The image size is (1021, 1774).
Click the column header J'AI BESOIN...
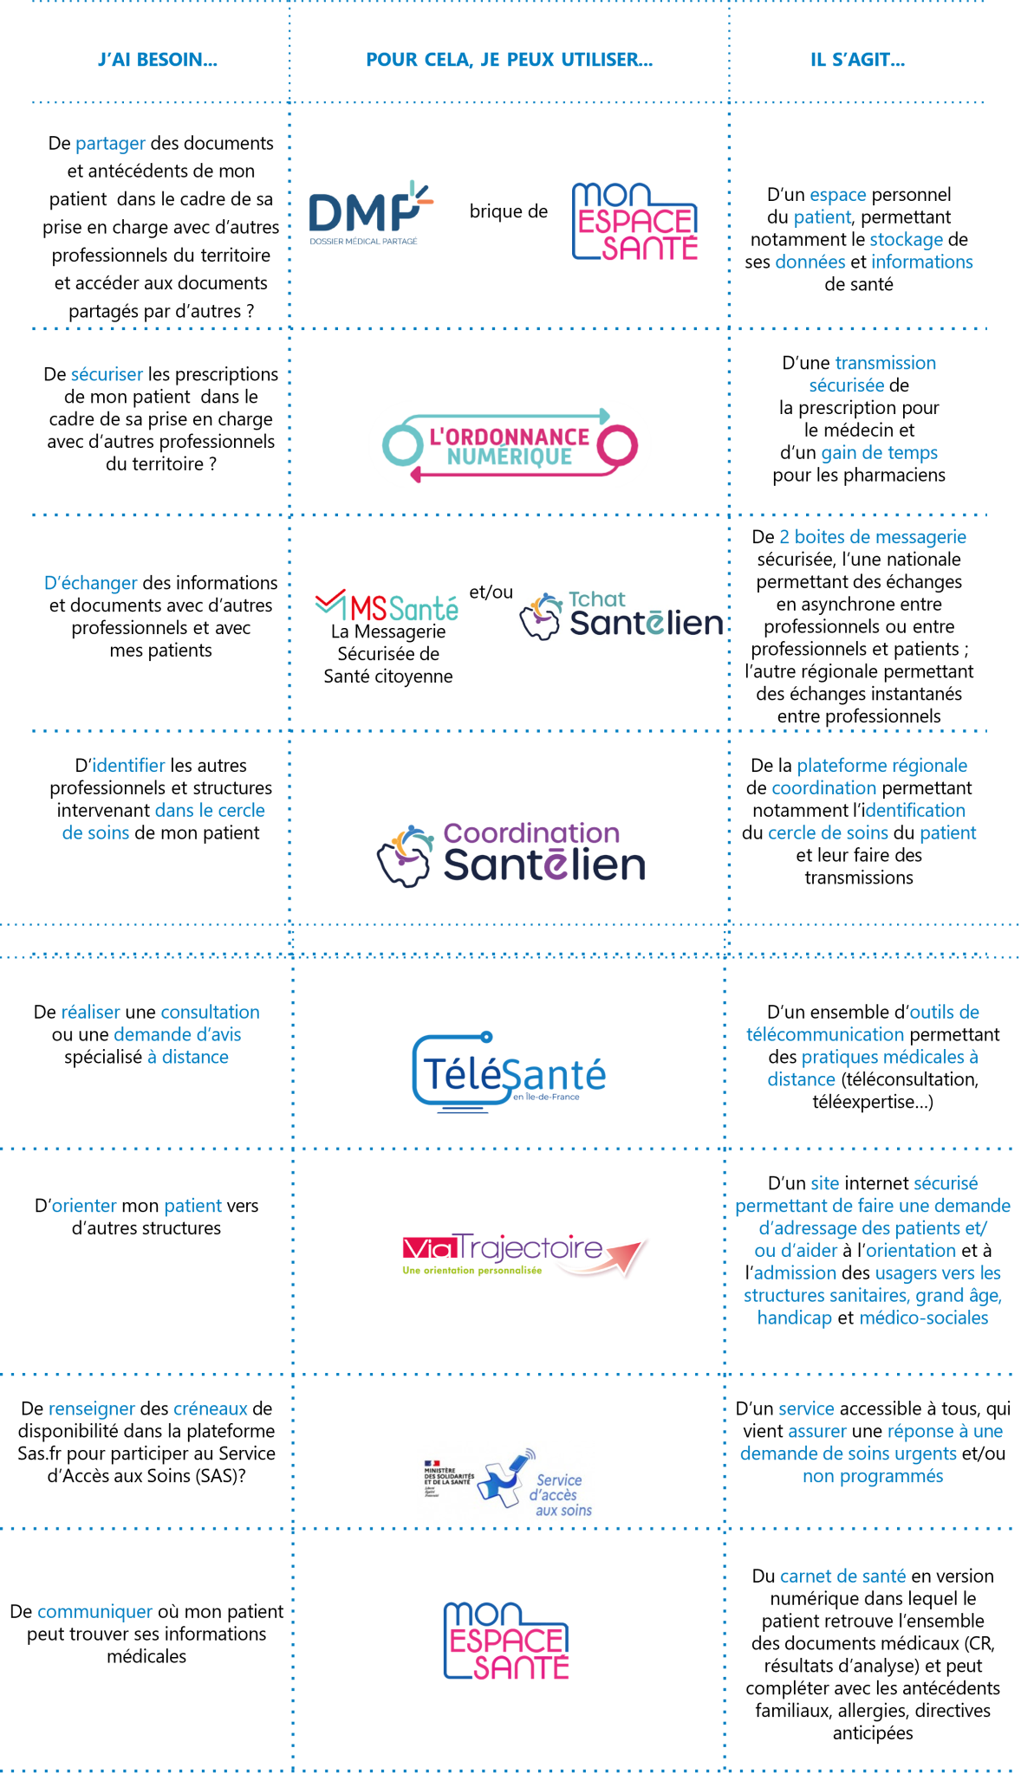click(158, 60)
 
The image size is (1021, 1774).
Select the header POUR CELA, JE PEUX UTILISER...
click(509, 60)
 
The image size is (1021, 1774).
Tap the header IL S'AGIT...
click(857, 60)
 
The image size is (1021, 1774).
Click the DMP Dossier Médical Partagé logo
click(370, 214)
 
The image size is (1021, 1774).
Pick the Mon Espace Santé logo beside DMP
click(634, 221)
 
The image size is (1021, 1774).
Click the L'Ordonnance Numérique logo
click(510, 444)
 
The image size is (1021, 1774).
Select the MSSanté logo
click(387, 606)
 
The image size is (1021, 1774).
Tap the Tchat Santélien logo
click(621, 616)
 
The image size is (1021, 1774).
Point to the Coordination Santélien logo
click(512, 854)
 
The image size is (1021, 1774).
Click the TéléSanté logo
click(509, 1072)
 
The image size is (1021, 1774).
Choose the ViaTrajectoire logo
click(525, 1255)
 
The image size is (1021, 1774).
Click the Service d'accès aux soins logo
click(505, 1483)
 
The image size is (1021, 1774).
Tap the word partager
click(110, 144)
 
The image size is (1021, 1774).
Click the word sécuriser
click(107, 375)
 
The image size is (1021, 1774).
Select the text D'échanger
click(90, 584)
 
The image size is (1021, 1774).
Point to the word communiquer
click(94, 1612)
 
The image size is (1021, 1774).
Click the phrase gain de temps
click(879, 453)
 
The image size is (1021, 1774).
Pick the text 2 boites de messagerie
click(872, 537)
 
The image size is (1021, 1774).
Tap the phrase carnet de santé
click(842, 1577)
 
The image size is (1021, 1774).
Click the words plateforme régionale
click(881, 766)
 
